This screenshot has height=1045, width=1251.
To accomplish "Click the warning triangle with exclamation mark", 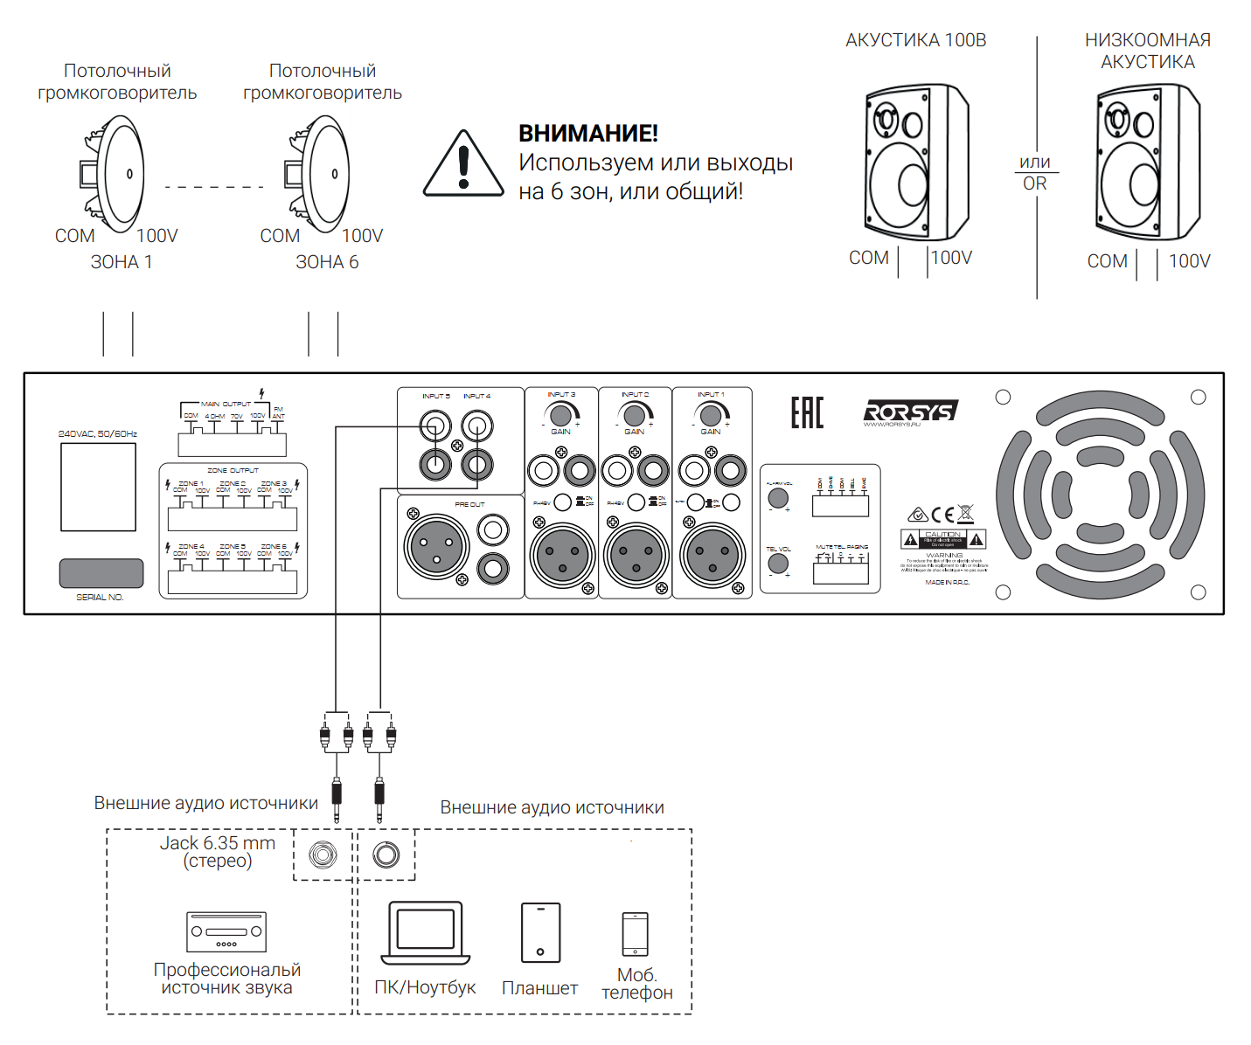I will pos(463,166).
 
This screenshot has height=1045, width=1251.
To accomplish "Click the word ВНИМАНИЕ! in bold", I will pos(587,133).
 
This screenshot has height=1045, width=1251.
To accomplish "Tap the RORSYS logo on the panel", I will pos(909,412).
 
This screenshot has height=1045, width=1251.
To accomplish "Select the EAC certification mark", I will pos(807,412).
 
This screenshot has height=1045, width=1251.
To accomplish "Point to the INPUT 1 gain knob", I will pos(712,415).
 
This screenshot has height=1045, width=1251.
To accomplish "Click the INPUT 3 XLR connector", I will pos(562,555).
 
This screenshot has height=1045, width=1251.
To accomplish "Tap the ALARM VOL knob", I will pos(777,498).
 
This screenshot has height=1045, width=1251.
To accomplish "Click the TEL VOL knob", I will pos(777,564).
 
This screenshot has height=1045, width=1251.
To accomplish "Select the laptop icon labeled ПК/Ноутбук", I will pos(426,933).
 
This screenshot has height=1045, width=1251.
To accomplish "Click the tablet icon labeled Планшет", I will pos(540,933).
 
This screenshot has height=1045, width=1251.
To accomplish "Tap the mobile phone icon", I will pos(636,935).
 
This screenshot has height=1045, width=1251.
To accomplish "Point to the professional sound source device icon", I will pos(226,932).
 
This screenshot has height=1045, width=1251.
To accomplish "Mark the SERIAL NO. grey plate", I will pos(101,573).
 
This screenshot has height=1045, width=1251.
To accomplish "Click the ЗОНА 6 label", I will pos(327,262).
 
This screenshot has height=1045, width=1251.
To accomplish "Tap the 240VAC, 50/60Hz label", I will pos(98,433).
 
